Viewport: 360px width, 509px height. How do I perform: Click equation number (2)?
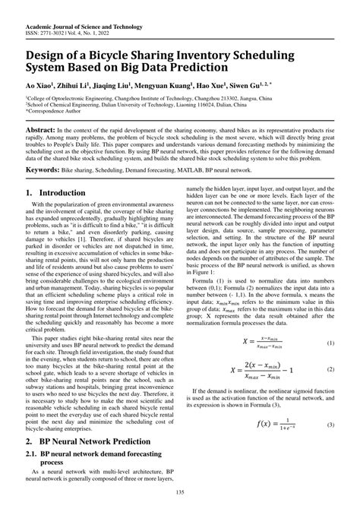coord(330,369)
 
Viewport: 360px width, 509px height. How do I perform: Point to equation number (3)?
coord(330,424)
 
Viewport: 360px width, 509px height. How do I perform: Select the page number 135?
coord(180,495)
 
